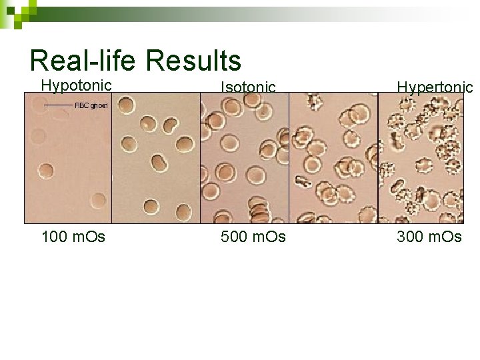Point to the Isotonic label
pyautogui.click(x=248, y=87)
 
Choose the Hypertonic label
pyautogui.click(x=435, y=87)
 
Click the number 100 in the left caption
pyautogui.click(x=53, y=237)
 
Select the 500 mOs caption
pyautogui.click(x=253, y=237)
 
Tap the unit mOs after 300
pyautogui.click(x=446, y=237)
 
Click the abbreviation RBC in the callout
pyautogui.click(x=81, y=105)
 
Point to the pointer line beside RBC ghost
pyautogui.click(x=58, y=105)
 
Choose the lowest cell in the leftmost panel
pyautogui.click(x=99, y=200)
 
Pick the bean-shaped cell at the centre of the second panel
pyautogui.click(x=160, y=163)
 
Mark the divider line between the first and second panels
pyautogui.click(x=111, y=157)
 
